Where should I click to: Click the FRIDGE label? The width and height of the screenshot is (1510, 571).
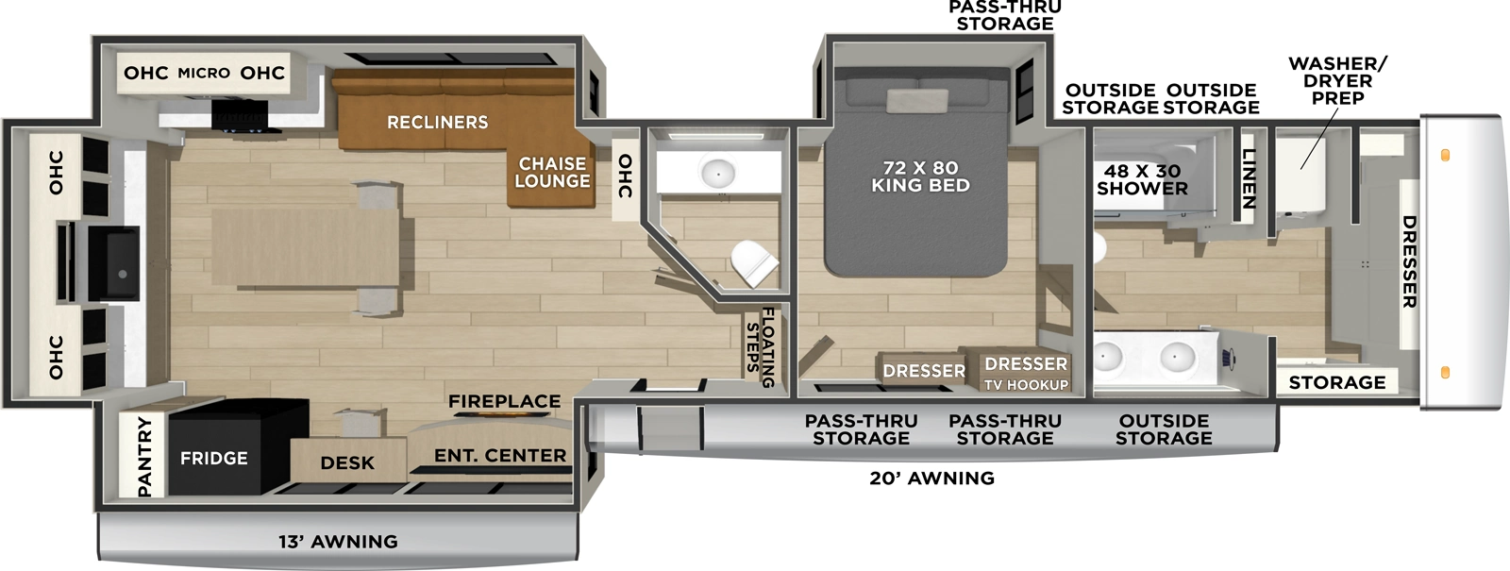click(214, 459)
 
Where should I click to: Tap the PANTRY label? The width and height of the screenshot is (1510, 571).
click(144, 456)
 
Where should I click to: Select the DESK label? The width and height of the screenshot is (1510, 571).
click(347, 463)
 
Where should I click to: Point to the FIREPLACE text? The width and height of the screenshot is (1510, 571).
click(504, 402)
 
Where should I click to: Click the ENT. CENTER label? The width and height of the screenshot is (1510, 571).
click(500, 456)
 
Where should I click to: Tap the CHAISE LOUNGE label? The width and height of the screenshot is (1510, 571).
click(552, 173)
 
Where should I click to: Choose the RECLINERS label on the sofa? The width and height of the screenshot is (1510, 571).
click(438, 123)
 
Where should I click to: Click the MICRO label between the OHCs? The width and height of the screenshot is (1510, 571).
click(204, 74)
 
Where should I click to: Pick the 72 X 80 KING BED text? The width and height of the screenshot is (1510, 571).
click(920, 176)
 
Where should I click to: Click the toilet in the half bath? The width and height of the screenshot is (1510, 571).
click(753, 262)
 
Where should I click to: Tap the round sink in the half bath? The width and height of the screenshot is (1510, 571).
click(718, 173)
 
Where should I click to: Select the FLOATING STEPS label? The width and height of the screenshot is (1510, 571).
click(761, 347)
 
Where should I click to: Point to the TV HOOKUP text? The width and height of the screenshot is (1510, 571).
click(1026, 385)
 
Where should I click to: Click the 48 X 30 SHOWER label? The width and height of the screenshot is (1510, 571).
click(1142, 179)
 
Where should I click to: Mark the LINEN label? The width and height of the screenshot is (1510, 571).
click(1249, 179)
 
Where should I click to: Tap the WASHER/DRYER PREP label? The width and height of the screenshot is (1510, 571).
click(1337, 81)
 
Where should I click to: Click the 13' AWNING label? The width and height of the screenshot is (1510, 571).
click(338, 542)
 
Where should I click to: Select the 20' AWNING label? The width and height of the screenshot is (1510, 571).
click(931, 479)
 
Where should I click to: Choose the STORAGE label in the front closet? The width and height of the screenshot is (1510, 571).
click(1337, 382)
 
